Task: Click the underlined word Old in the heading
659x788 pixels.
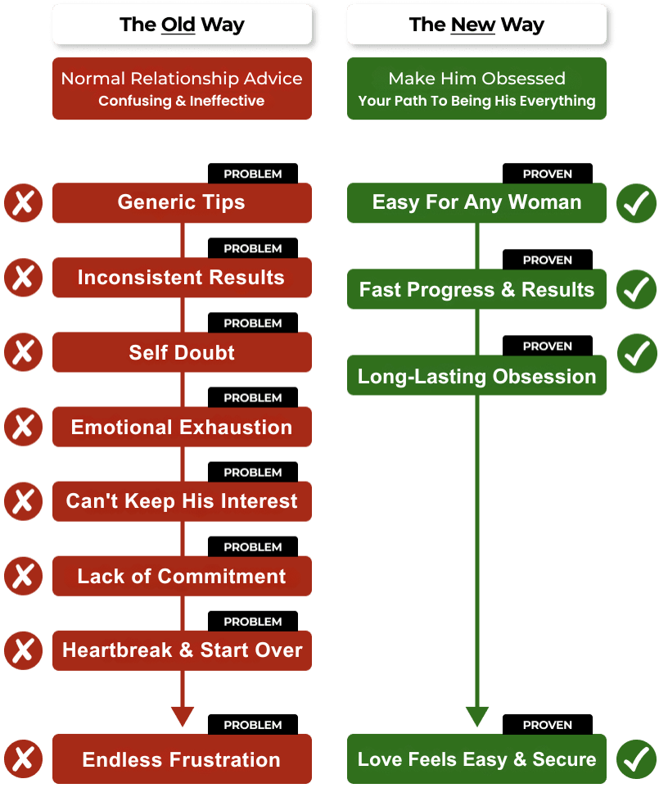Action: (x=178, y=24)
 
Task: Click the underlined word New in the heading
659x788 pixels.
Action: (x=472, y=24)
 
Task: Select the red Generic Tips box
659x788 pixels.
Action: (x=182, y=202)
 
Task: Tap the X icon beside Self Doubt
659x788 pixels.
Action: (x=23, y=351)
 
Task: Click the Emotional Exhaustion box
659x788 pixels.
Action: (x=182, y=427)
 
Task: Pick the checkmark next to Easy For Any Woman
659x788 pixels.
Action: (x=636, y=203)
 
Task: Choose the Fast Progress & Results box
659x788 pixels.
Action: (x=476, y=289)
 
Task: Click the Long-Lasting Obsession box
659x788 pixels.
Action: (x=476, y=375)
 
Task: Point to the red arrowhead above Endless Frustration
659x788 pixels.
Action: (x=183, y=716)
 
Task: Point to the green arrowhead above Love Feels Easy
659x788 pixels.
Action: (x=477, y=716)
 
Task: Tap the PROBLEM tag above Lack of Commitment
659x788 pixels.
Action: (x=253, y=546)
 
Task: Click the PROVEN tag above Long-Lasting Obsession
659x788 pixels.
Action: (x=548, y=346)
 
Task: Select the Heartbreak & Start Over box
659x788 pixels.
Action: (x=182, y=650)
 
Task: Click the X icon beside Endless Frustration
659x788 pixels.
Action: (x=23, y=759)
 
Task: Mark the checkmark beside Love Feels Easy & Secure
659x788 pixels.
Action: (x=636, y=759)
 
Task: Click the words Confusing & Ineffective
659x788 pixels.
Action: (x=181, y=101)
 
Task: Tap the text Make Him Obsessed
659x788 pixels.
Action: (x=476, y=79)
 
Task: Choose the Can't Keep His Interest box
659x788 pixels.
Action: (x=182, y=501)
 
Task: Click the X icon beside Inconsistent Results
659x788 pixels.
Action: (x=23, y=278)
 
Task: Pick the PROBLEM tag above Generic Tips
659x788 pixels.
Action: (x=253, y=174)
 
